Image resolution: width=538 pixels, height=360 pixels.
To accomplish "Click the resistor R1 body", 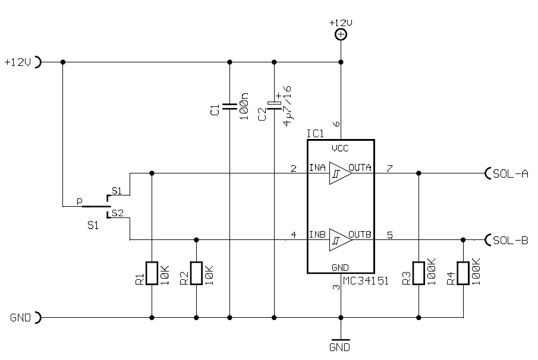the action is point(152,273).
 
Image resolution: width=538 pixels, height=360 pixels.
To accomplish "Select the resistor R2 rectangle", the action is point(196,273).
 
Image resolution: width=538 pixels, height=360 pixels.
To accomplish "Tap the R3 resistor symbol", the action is point(419,273).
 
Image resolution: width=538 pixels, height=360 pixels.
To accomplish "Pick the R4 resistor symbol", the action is point(463,273).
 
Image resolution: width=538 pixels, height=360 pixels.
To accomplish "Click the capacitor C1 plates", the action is point(229,106).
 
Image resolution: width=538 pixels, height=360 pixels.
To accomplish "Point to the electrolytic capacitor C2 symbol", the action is point(274,106).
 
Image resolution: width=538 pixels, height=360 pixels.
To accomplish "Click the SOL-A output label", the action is point(510,173).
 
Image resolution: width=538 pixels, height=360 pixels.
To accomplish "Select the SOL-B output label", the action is point(510,240).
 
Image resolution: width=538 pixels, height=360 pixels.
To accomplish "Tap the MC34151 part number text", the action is point(366,281).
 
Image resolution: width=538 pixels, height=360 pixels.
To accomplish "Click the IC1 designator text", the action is point(315,134).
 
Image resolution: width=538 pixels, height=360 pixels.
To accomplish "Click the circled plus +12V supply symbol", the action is point(341,34).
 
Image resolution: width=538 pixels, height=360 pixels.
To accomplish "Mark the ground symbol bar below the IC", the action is point(341,340).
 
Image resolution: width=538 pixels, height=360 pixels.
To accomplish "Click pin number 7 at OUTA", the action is point(390,168).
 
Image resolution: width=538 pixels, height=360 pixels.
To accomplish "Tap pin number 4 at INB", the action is point(294,235).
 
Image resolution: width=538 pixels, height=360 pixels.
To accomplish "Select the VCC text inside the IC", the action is point(340,149).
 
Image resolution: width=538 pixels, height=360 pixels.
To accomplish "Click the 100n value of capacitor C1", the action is point(244,106).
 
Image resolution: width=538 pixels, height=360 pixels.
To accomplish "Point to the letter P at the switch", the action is point(79,202).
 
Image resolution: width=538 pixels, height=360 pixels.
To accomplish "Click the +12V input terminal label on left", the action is point(17,62).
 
